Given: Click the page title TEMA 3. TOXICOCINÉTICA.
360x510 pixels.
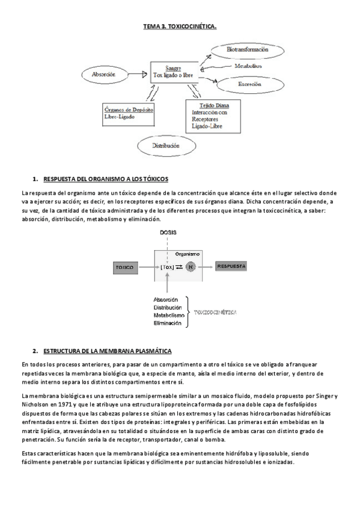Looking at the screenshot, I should click(x=180, y=27).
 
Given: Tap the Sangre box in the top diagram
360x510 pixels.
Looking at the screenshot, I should click(x=173, y=70).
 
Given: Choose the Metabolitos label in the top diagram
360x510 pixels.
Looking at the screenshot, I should click(x=248, y=66).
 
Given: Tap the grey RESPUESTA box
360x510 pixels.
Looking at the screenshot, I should click(x=231, y=265).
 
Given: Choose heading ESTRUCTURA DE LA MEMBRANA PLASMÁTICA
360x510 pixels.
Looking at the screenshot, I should click(x=108, y=351).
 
